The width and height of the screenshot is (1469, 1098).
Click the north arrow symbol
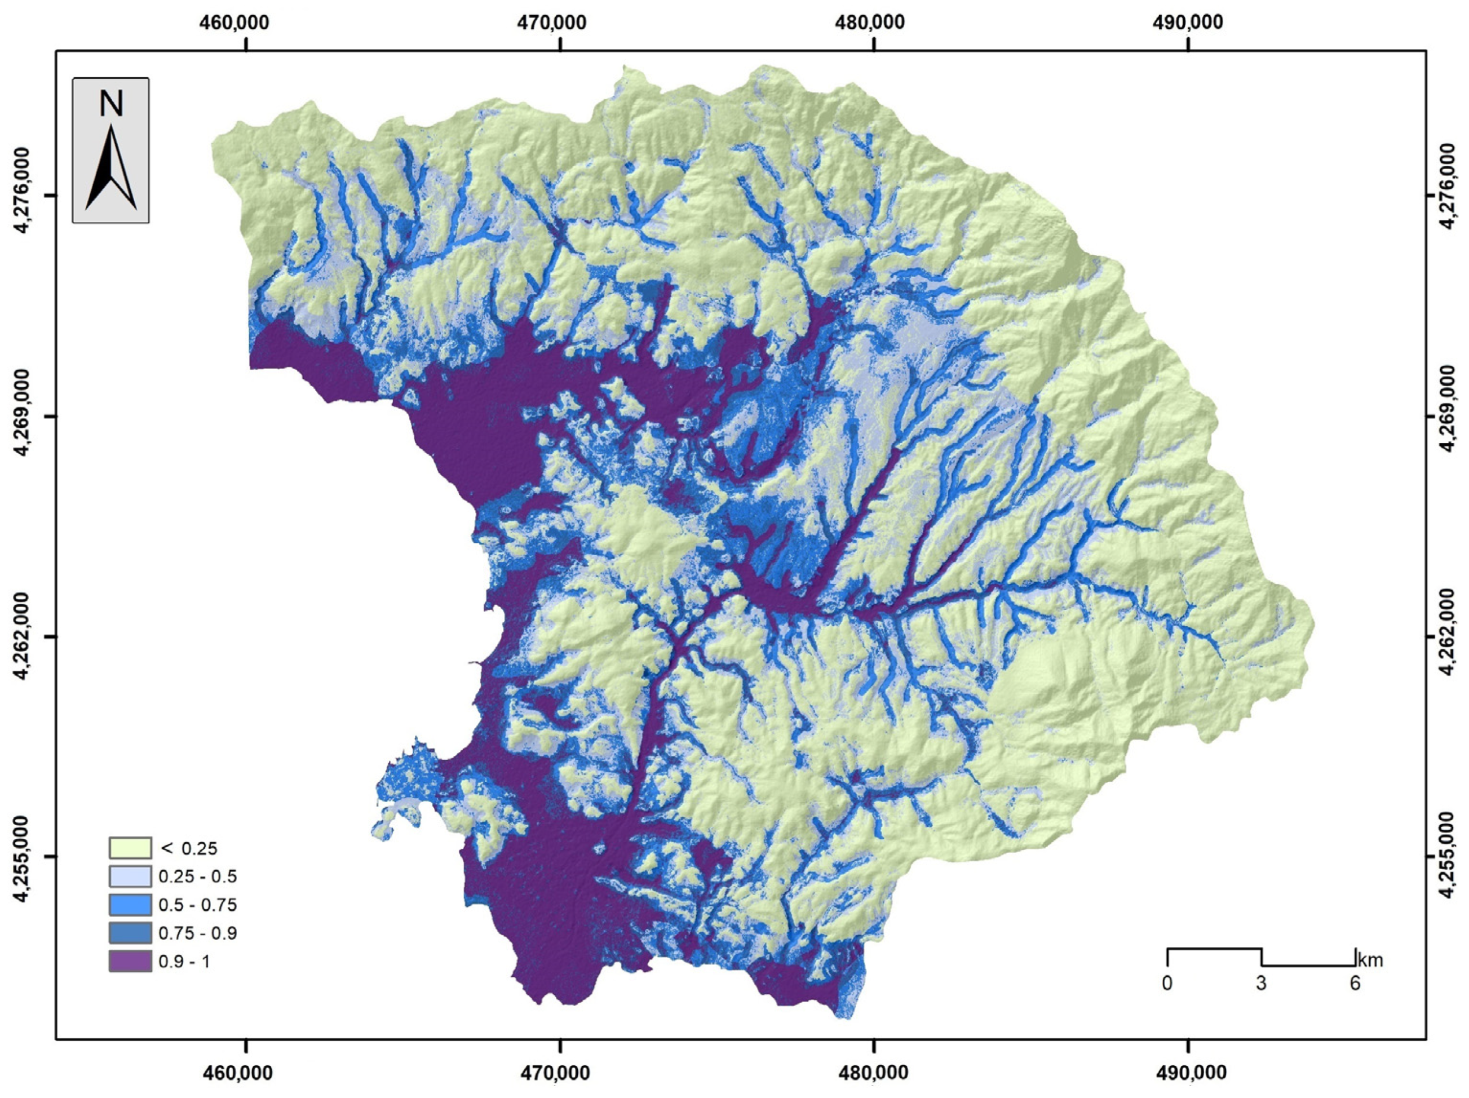[x=111, y=169]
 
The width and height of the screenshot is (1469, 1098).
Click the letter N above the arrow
[x=111, y=104]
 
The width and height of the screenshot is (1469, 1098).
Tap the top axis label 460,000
[x=234, y=23]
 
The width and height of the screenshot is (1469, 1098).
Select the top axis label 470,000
[x=551, y=23]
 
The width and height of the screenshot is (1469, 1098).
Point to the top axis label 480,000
[x=869, y=23]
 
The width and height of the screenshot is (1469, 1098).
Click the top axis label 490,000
[x=1187, y=23]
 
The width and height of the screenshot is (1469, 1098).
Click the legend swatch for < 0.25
[x=130, y=848]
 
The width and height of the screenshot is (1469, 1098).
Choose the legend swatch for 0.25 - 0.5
[x=130, y=876]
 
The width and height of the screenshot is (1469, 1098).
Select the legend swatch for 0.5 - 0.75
[x=130, y=905]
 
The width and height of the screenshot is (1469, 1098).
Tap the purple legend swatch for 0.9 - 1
[x=130, y=961]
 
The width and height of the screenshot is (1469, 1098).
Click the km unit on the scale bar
[x=1370, y=960]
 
